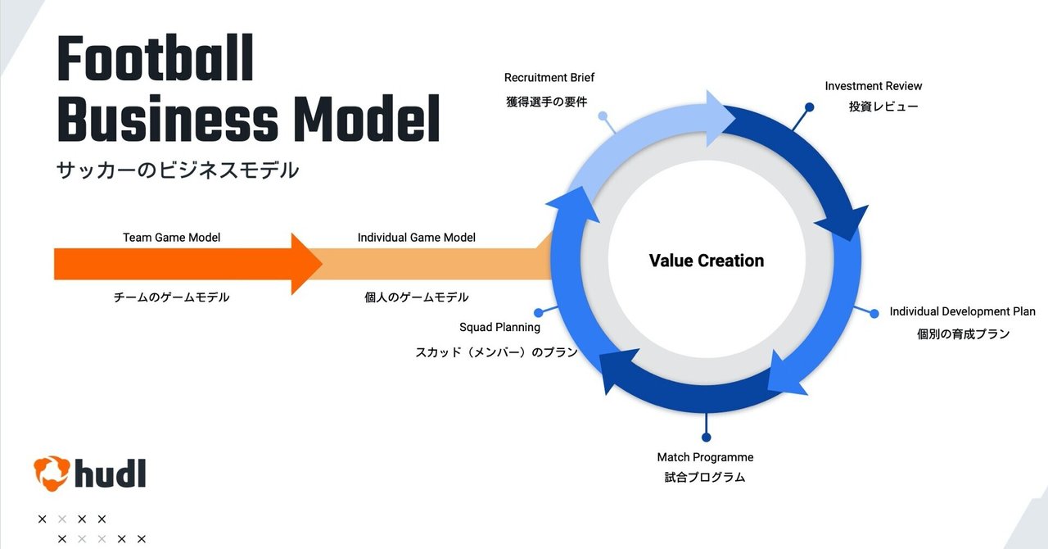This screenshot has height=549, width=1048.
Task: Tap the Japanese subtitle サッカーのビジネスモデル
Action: [x=178, y=170]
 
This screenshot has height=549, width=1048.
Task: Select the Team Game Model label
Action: [x=172, y=238]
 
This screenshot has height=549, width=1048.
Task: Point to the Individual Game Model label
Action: [x=416, y=238]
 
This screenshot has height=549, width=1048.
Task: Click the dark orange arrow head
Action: [x=306, y=264]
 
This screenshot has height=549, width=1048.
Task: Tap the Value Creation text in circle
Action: [x=706, y=261]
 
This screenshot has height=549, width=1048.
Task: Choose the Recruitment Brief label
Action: [x=549, y=78]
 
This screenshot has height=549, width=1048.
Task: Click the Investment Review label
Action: [x=873, y=86]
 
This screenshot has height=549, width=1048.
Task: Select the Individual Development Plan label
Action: [x=962, y=311]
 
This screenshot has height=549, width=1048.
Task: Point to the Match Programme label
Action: [x=705, y=457]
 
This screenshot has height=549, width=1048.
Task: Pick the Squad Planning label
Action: [x=499, y=327]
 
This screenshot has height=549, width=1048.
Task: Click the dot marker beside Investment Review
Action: [x=809, y=107]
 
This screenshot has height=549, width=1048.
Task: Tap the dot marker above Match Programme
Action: [x=706, y=438]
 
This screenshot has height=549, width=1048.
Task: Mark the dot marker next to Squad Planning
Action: [x=538, y=312]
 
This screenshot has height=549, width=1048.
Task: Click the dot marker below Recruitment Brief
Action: [x=603, y=116]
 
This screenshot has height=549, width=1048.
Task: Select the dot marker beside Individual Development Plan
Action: [x=874, y=313]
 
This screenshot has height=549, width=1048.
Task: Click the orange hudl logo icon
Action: [x=51, y=473]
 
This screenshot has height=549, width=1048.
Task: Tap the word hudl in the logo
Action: [x=110, y=473]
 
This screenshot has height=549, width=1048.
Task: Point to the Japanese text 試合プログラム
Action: [x=705, y=477]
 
